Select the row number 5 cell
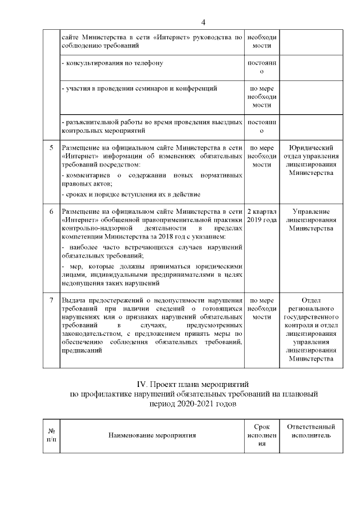point(51,148)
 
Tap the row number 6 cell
point(51,211)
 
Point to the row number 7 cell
point(51,300)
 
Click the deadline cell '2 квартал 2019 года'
point(262,215)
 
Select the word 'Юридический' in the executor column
point(311,147)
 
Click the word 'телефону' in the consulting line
point(148,63)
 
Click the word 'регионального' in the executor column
point(311,309)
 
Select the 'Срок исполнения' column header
point(262,435)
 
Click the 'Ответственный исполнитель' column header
point(311,431)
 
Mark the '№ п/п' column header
point(51,435)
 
